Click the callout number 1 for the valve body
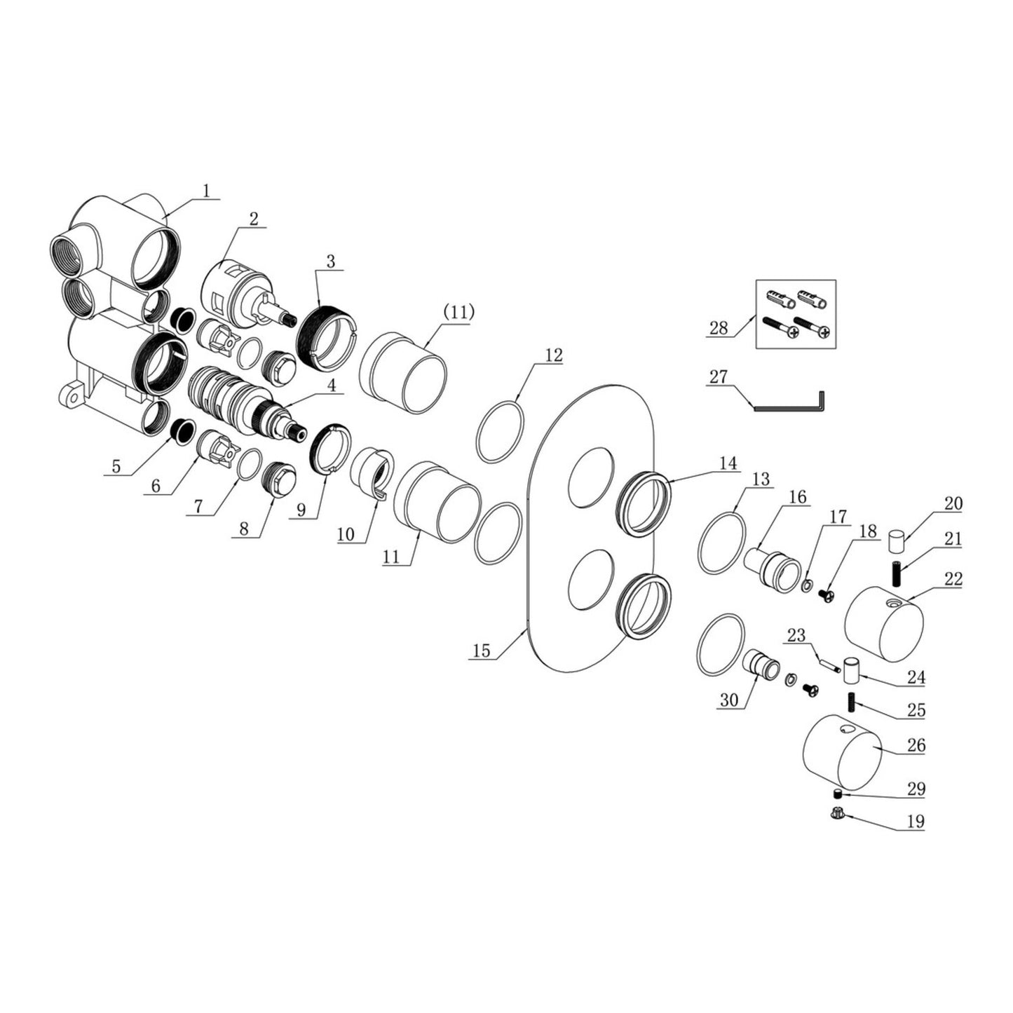207,190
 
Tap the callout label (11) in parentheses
459,312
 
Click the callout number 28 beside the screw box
719,329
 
